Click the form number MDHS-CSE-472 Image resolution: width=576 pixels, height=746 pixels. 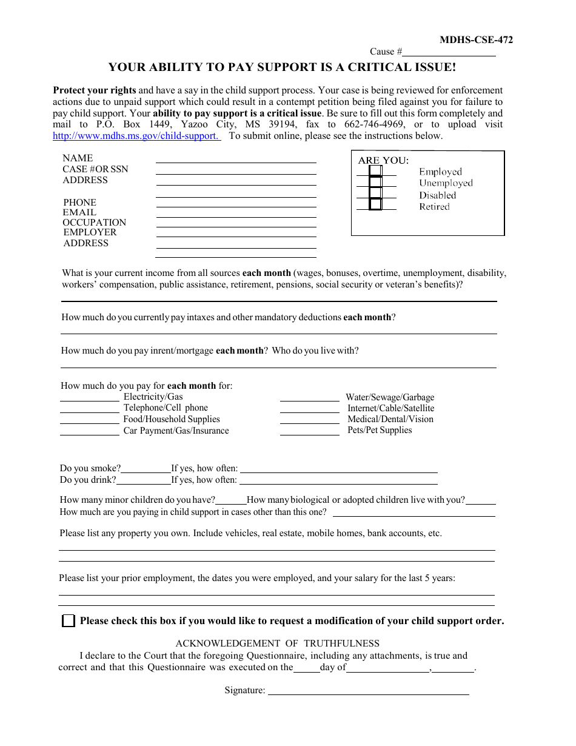point(476,40)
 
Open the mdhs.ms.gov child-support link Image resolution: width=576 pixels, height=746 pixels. point(136,136)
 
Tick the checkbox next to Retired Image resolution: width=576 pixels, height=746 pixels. point(375,204)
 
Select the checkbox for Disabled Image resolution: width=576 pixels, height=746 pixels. point(375,193)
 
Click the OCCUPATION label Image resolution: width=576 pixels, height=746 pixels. point(95,223)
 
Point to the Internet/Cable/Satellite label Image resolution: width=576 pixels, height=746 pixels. point(390,408)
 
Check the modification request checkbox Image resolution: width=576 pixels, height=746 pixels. point(69,621)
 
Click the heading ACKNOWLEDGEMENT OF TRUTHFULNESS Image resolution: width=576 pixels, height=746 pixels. point(277,644)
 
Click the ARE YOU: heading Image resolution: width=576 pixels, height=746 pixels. point(383,161)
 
